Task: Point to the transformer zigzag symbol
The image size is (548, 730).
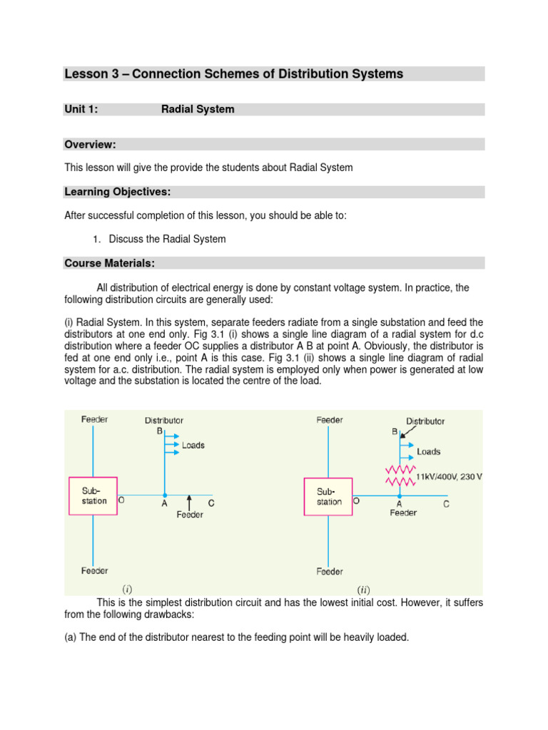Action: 400,475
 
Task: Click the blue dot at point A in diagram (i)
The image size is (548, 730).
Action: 165,495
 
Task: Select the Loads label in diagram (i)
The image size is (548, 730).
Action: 193,445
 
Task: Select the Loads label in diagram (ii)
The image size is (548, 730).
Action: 428,451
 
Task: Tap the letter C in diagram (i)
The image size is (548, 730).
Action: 211,503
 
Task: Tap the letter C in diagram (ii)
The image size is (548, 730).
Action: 446,504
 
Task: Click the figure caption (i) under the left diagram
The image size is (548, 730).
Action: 127,589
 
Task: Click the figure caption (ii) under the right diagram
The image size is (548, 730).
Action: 363,590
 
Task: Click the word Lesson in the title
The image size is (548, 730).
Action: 86,74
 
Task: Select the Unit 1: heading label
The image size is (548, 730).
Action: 81,109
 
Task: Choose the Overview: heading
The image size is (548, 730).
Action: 90,144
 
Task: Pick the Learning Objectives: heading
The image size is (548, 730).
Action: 117,192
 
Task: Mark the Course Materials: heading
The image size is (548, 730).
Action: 109,263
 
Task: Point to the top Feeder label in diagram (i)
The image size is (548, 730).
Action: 94,419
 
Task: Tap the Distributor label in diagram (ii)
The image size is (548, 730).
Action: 425,421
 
